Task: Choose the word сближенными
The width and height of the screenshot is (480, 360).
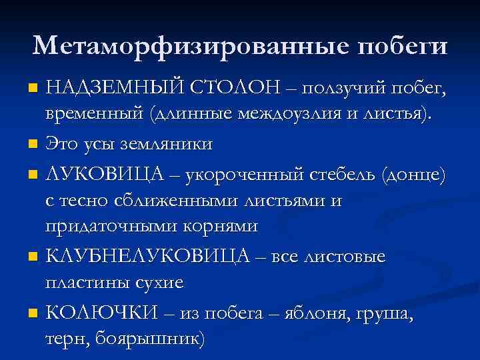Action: (x=188, y=199)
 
